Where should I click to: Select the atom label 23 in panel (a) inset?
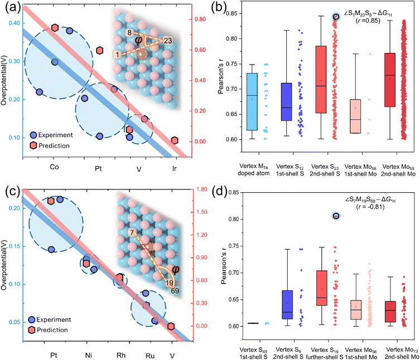coord(168,41)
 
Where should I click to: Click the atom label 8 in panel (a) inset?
coord(129,33)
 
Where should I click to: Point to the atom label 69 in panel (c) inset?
coord(175,291)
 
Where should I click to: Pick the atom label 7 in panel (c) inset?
coord(132,232)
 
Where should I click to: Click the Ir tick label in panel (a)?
coord(175,169)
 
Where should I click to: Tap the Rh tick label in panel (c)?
coord(121,355)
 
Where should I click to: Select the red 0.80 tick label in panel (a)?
coord(200,20)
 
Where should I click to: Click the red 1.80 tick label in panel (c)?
coord(202,189)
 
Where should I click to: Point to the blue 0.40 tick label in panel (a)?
coord(14,23)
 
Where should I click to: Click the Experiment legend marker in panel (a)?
coord(33,135)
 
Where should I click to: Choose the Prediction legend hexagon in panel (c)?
coord(32,330)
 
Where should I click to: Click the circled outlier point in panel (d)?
coord(336,216)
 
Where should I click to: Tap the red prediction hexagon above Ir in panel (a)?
coord(175,140)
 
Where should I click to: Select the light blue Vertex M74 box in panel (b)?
coord(252,102)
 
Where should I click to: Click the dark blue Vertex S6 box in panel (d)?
coord(287,305)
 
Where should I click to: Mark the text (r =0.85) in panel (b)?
coord(368,21)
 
